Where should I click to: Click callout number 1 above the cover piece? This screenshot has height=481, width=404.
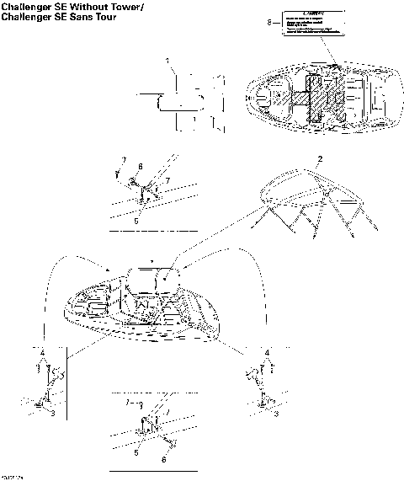tap(167, 61)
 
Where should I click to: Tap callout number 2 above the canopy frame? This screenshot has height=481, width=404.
tap(319, 160)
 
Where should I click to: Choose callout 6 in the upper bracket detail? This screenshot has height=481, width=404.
tap(140, 167)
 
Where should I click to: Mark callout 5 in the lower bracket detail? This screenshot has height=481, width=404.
tap(137, 452)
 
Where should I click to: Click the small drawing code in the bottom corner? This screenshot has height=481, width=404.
tap(11, 477)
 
